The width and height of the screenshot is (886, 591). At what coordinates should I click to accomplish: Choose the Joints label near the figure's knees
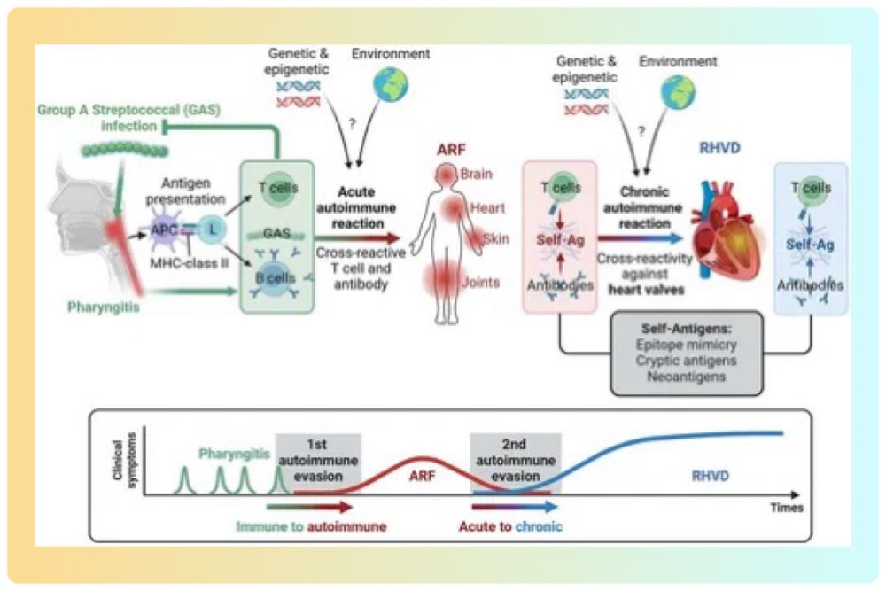[x=478, y=283]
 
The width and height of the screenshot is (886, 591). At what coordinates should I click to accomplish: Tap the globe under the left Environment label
[x=387, y=87]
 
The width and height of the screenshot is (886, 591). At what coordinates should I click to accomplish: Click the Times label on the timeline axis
[x=786, y=508]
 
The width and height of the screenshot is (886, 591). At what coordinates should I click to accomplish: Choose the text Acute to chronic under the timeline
[x=510, y=526]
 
